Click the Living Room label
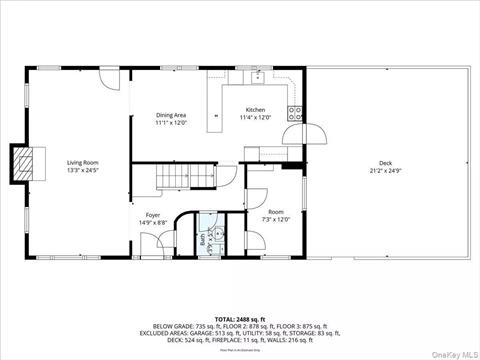point(82,162)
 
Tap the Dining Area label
point(171,116)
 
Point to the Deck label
point(385,163)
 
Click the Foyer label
point(153,215)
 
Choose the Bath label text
point(202,239)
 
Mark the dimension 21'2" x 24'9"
point(385,171)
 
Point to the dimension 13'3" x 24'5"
point(82,170)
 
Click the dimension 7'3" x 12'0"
point(275,220)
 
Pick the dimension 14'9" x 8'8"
point(153,223)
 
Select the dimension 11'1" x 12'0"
point(171,124)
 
